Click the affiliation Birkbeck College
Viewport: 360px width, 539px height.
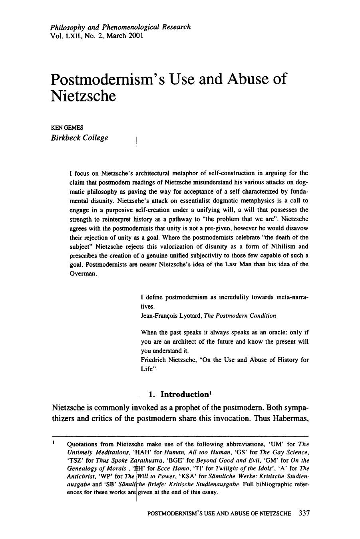click(80, 138)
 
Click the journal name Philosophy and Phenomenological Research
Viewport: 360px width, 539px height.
click(120, 27)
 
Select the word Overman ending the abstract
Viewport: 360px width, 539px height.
click(82, 273)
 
